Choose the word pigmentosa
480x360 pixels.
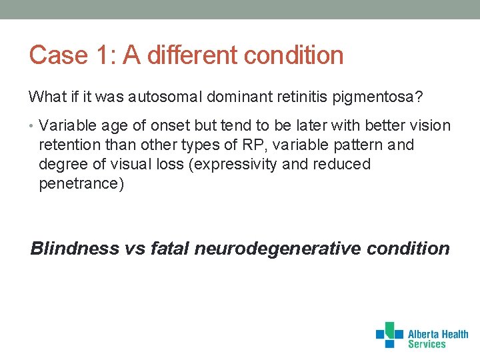(380, 97)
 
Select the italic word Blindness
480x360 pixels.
(75, 249)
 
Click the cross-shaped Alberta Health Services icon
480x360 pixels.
(389, 335)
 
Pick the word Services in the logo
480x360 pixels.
(427, 345)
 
